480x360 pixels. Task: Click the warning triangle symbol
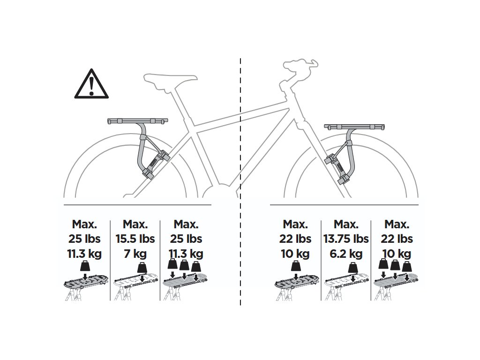pos(91,85)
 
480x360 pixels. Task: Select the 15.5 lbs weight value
pos(135,239)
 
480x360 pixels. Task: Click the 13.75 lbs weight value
pos(346,239)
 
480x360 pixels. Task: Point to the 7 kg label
pos(135,254)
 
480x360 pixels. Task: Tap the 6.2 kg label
pos(346,254)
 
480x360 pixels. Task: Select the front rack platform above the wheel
pos(355,127)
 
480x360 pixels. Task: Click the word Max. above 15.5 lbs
pos(135,224)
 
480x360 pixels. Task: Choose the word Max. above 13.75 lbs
pos(346,224)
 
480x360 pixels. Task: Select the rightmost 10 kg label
pos(397,254)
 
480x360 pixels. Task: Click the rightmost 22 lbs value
pos(397,239)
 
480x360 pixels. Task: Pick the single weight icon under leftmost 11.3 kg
pos(85,268)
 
